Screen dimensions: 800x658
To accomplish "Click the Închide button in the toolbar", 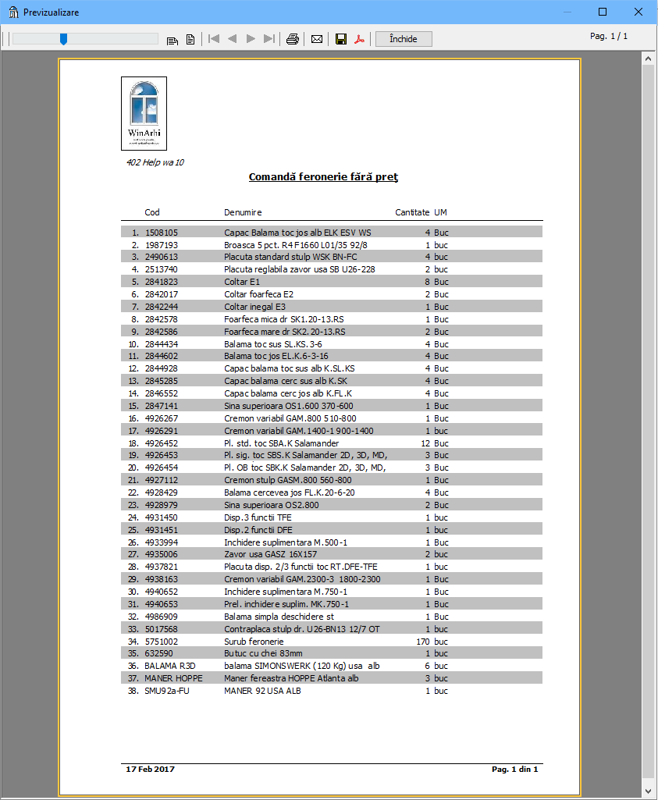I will pyautogui.click(x=404, y=39).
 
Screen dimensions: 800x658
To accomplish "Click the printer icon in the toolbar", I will pyautogui.click(x=293, y=39).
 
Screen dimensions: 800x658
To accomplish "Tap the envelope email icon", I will pyautogui.click(x=317, y=39).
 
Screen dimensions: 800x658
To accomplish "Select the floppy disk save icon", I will pyautogui.click(x=341, y=39).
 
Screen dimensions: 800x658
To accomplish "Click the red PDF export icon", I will pyautogui.click(x=360, y=39).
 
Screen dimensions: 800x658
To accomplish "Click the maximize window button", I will pyautogui.click(x=603, y=12).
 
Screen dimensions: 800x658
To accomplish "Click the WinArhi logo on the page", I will pyautogui.click(x=144, y=113).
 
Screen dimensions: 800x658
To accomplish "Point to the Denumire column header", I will pyautogui.click(x=243, y=212).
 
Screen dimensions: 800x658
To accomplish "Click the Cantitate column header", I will pyautogui.click(x=412, y=212).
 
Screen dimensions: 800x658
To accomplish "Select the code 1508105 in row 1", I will pyautogui.click(x=162, y=233).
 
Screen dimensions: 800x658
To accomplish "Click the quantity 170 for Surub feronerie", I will pyautogui.click(x=423, y=642).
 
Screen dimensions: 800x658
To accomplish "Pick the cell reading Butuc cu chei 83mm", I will pyautogui.click(x=263, y=654).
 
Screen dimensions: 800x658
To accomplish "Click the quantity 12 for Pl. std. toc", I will pyautogui.click(x=425, y=443).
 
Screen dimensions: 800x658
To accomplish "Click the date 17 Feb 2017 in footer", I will pyautogui.click(x=150, y=770).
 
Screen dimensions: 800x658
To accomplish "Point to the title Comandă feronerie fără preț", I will pyautogui.click(x=323, y=177).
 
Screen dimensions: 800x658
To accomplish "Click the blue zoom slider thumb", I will pyautogui.click(x=63, y=39).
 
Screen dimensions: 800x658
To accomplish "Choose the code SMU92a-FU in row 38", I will pyautogui.click(x=168, y=691).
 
